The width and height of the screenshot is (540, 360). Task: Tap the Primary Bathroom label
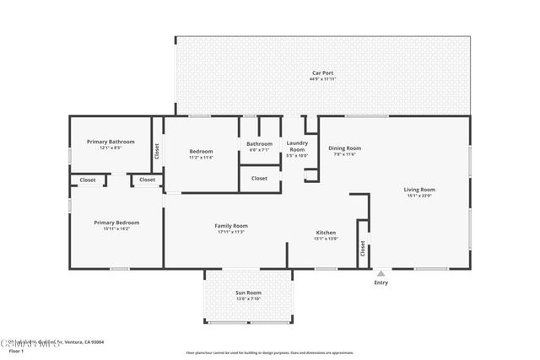click(111, 142)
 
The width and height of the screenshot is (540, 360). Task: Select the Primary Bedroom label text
click(116, 223)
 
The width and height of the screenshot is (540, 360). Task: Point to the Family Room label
click(230, 226)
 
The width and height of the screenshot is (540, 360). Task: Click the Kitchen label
click(326, 233)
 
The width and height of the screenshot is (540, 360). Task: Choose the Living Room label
click(419, 190)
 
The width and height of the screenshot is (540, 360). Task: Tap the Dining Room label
click(344, 148)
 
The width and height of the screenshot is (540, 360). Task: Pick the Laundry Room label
click(297, 146)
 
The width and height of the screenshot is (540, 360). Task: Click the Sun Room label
click(248, 293)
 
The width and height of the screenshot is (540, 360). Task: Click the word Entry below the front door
click(381, 282)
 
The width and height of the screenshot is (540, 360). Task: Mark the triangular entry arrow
click(381, 273)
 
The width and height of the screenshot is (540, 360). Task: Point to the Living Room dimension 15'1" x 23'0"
click(419, 196)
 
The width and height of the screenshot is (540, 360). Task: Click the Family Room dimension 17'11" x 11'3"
click(230, 232)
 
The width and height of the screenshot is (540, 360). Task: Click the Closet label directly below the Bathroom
click(259, 179)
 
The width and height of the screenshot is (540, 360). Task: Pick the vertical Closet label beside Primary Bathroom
click(156, 152)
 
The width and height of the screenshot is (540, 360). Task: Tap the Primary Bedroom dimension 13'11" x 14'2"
click(116, 228)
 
